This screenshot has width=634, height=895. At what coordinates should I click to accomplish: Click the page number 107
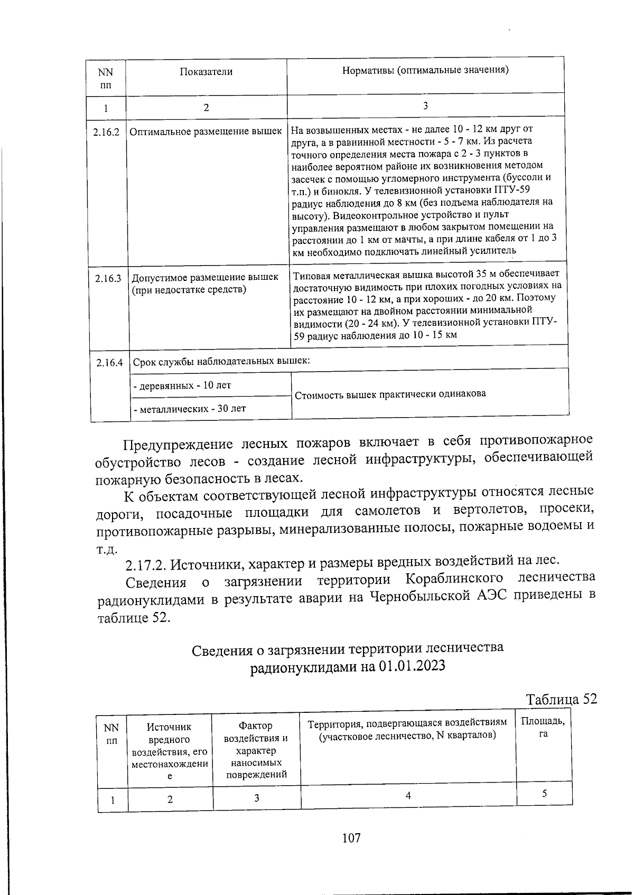pyautogui.click(x=351, y=837)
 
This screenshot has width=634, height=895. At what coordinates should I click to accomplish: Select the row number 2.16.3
pyautogui.click(x=108, y=278)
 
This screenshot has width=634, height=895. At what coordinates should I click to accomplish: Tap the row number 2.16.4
pyautogui.click(x=110, y=363)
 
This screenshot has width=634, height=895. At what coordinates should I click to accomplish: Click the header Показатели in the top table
pyautogui.click(x=206, y=72)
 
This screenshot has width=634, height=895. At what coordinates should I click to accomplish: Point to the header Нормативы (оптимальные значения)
pyautogui.click(x=425, y=70)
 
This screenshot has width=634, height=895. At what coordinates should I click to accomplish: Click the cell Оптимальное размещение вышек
pyautogui.click(x=206, y=131)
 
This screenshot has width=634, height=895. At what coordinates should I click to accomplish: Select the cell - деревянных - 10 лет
pyautogui.click(x=182, y=385)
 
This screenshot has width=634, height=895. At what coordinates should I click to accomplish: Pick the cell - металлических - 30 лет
pyautogui.click(x=190, y=408)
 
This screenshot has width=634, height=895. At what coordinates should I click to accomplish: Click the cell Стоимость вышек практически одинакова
pyautogui.click(x=390, y=394)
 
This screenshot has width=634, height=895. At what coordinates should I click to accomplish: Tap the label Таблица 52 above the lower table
pyautogui.click(x=561, y=699)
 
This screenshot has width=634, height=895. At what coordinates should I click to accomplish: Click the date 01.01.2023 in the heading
pyautogui.click(x=412, y=666)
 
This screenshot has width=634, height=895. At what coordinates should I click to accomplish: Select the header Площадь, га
pyautogui.click(x=543, y=728)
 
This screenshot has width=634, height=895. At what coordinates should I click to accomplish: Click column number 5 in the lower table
pyautogui.click(x=544, y=794)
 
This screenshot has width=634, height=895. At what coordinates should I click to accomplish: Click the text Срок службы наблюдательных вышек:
pyautogui.click(x=221, y=362)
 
